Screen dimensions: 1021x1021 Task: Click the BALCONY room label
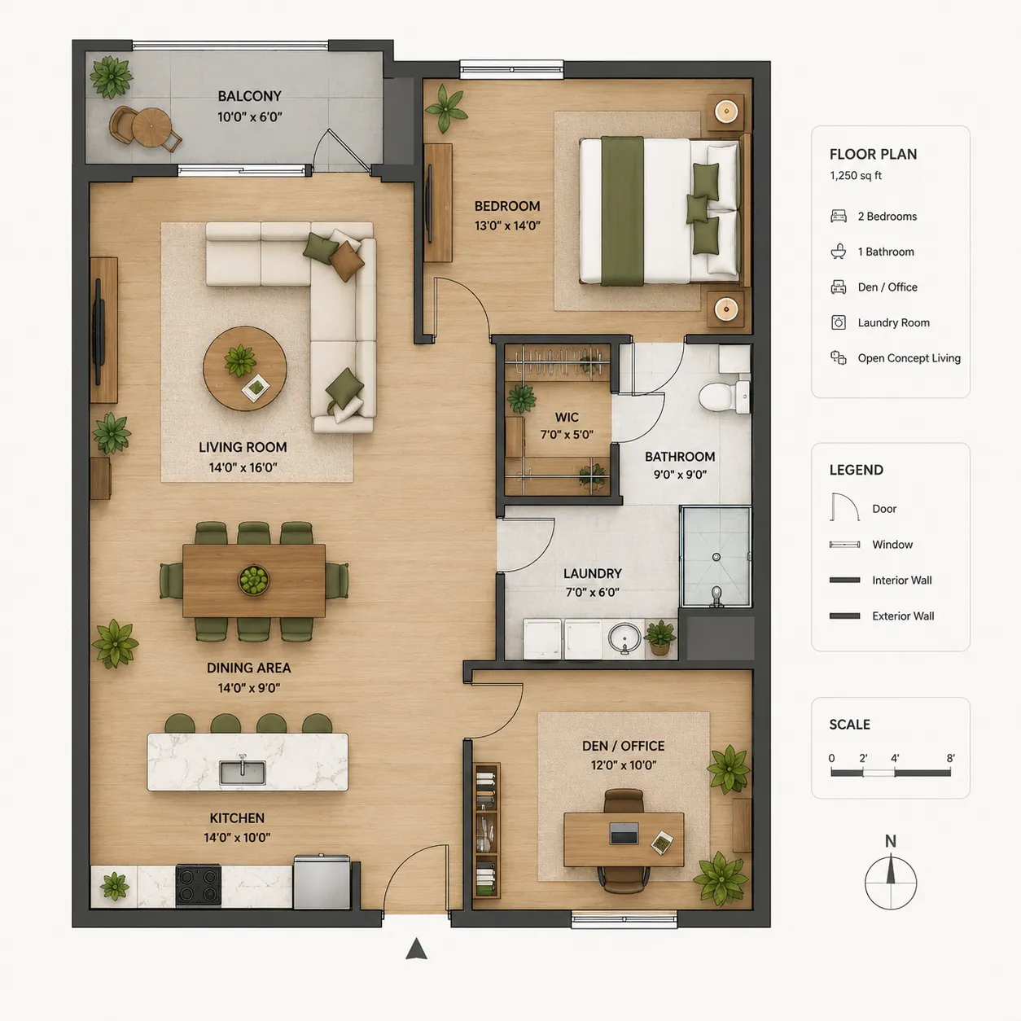[250, 96]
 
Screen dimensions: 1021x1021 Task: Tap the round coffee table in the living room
[245, 369]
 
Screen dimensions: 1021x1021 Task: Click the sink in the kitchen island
[242, 772]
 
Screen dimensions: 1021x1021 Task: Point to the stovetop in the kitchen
[199, 885]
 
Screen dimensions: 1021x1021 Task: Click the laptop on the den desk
[624, 834]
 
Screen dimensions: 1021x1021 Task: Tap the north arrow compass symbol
[891, 883]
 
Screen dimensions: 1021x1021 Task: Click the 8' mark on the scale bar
[950, 758]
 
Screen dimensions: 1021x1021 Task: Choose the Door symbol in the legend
[844, 507]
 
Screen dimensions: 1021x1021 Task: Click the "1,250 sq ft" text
[856, 175]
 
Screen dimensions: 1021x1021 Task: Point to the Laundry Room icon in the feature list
[838, 322]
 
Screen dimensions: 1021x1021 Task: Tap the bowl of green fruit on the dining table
[254, 580]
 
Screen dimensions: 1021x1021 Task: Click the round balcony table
[151, 128]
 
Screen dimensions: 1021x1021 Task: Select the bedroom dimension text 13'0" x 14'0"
[507, 226]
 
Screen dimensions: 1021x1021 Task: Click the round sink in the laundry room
[624, 638]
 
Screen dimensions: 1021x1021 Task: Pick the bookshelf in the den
[486, 830]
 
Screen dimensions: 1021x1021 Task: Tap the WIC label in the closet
[567, 417]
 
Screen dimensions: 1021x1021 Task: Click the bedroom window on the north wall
[511, 69]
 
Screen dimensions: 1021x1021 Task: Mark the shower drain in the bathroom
[716, 557]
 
